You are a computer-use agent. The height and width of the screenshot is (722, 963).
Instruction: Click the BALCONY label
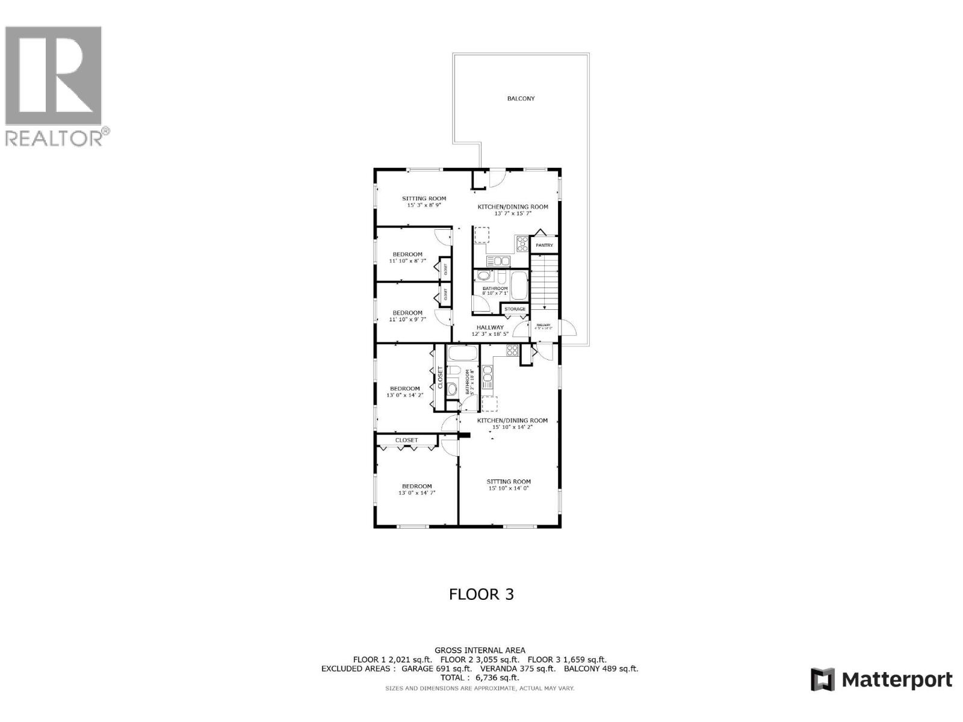pos(521,99)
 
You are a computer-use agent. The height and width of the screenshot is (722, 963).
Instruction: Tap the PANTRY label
pos(545,245)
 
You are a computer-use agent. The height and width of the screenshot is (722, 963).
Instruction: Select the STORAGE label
pos(515,309)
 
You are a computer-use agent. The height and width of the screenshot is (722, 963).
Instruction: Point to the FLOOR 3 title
pos(482,594)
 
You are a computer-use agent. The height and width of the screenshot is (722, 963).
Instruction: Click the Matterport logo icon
pos(822,680)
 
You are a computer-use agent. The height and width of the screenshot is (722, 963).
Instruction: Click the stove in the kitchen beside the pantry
pos(522,244)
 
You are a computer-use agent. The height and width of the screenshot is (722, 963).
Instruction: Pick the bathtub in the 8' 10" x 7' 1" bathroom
pos(518,282)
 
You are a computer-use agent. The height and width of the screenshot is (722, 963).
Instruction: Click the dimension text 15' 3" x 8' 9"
pos(424,205)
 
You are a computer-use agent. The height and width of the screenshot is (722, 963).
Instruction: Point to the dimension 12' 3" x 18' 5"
pos(490,334)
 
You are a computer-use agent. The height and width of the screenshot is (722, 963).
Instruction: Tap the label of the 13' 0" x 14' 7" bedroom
pos(417,486)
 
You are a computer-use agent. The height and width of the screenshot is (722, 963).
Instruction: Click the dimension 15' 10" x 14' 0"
pos(509,488)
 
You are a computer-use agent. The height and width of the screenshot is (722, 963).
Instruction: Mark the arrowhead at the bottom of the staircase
pos(545,307)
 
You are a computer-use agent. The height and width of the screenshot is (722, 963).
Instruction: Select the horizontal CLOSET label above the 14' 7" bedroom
pos(407,440)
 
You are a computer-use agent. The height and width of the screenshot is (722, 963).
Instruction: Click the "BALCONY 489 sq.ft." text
pos(601,668)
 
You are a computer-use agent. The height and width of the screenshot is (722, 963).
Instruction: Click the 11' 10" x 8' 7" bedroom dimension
pos(407,261)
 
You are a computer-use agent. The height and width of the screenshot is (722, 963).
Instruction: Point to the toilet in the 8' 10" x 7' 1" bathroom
pos(501,277)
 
